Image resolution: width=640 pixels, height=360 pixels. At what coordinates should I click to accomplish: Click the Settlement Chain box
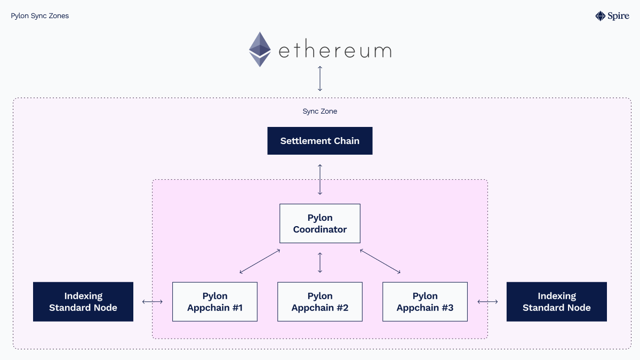click(319, 141)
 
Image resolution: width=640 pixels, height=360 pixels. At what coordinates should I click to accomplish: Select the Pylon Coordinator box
click(320, 223)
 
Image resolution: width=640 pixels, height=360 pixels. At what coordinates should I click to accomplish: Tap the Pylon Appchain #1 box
click(215, 302)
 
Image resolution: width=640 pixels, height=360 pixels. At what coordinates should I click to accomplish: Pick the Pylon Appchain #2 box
click(320, 302)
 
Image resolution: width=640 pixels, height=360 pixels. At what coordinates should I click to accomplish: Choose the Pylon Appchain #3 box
click(425, 302)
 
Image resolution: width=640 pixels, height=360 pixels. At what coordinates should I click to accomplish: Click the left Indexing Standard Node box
click(83, 302)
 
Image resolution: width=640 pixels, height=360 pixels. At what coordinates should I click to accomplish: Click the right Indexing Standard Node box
click(556, 302)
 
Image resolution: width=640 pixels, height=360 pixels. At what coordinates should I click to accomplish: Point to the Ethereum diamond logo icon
click(260, 49)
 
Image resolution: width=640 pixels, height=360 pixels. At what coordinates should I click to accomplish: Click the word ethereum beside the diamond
click(335, 51)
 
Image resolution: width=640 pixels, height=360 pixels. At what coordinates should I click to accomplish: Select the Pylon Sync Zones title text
click(40, 16)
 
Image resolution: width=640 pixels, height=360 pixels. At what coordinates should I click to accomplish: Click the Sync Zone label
click(320, 111)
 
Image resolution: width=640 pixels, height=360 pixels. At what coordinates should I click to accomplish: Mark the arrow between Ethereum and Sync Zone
click(320, 78)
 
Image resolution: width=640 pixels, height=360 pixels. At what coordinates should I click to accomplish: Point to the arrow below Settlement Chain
click(320, 179)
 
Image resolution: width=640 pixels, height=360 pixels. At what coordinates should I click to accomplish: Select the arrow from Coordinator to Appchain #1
click(260, 261)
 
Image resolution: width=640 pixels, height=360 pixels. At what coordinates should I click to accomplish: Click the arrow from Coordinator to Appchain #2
click(320, 262)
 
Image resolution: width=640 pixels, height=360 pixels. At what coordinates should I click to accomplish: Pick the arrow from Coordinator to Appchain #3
click(380, 261)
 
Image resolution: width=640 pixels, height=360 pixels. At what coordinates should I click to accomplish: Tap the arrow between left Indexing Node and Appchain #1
click(153, 302)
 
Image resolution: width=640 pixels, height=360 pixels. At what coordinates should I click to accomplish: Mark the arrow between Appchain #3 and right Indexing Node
click(487, 302)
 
